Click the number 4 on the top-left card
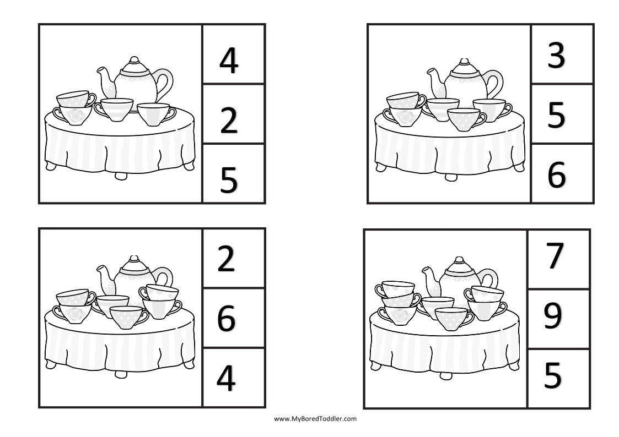pos(228,61)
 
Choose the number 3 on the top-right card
pos(556,56)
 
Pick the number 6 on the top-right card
pos(556,175)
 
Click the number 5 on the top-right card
pos(556,116)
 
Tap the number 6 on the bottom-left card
pos(226,319)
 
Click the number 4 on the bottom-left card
pos(226,379)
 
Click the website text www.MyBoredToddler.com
pos(315,419)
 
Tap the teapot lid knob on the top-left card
pos(133,59)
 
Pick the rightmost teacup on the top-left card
pos(154,114)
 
